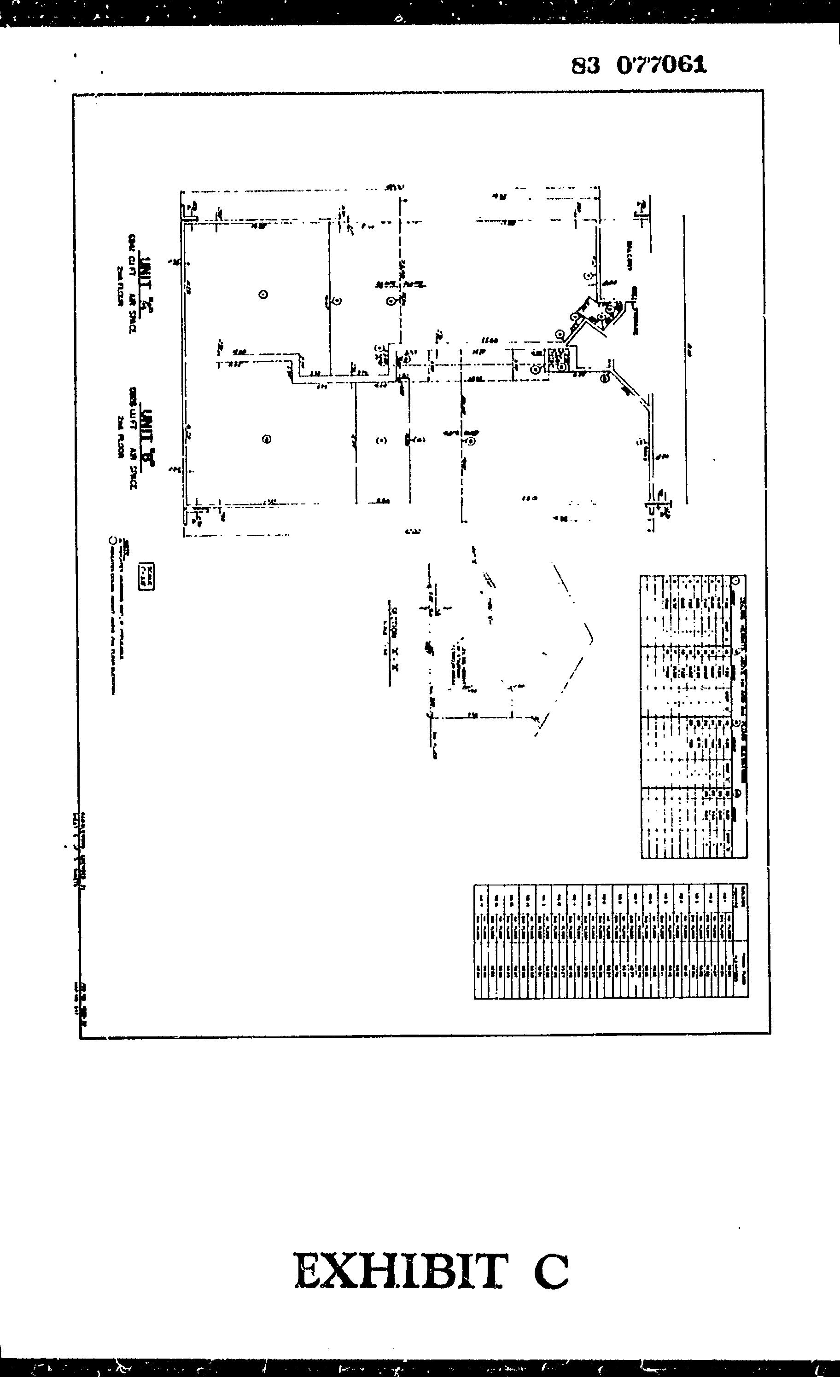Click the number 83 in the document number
click(x=585, y=66)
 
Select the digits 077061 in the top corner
click(x=662, y=65)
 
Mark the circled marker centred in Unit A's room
click(x=263, y=295)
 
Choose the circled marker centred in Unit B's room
click(x=267, y=439)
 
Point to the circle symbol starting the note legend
click(x=113, y=540)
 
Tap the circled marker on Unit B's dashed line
click(x=472, y=441)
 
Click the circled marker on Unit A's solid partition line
click(x=337, y=301)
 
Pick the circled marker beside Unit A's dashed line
click(x=391, y=301)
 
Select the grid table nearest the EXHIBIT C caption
click(x=611, y=941)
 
